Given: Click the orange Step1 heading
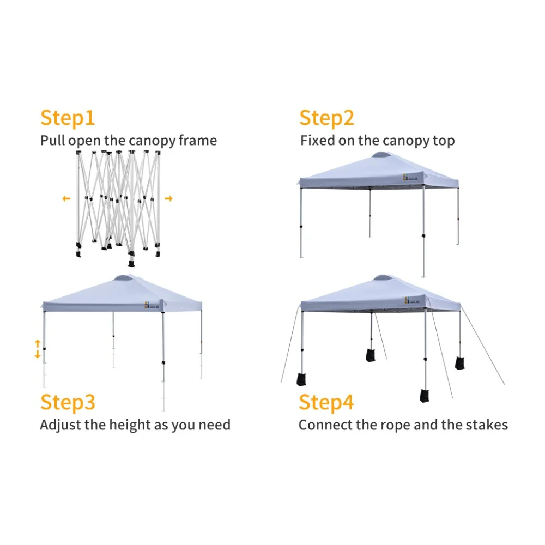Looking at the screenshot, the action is click(68, 118).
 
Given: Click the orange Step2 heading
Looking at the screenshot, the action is click(326, 118).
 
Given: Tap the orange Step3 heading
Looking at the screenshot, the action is click(68, 403).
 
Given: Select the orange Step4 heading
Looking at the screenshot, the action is click(326, 403).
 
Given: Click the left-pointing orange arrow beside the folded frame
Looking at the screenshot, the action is click(66, 198).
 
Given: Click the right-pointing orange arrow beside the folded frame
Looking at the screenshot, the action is click(168, 198).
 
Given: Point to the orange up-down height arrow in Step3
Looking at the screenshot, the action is click(38, 349).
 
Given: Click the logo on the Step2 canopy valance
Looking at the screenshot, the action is click(410, 177).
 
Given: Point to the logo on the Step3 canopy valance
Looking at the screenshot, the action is click(152, 305).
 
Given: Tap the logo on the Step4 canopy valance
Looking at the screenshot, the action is click(412, 300).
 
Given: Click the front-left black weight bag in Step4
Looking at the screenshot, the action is click(301, 379).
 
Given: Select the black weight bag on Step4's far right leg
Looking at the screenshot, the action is click(460, 363).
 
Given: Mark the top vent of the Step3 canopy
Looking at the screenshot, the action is click(123, 278).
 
